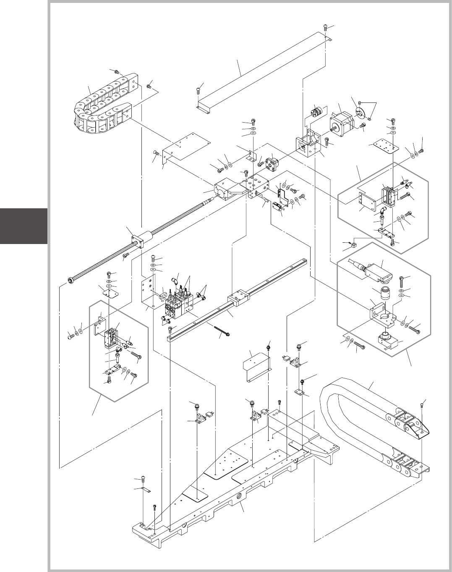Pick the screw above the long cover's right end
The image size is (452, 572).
click(x=327, y=27)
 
